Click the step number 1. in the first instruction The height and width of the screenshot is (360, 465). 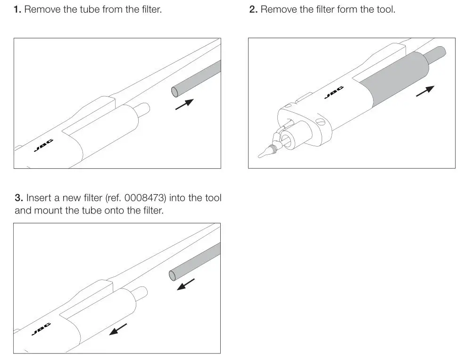point(17,9)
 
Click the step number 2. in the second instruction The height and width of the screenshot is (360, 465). point(253,9)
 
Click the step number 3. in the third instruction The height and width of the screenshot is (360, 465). point(19,198)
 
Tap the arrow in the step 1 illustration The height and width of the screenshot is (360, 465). point(184,104)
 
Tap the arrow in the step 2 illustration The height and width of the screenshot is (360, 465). point(425,91)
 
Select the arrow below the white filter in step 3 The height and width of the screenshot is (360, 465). point(118,329)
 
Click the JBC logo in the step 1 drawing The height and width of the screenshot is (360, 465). point(44,146)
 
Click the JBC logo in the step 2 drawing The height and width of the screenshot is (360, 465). point(334,93)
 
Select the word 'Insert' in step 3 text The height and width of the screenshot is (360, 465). point(39,198)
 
